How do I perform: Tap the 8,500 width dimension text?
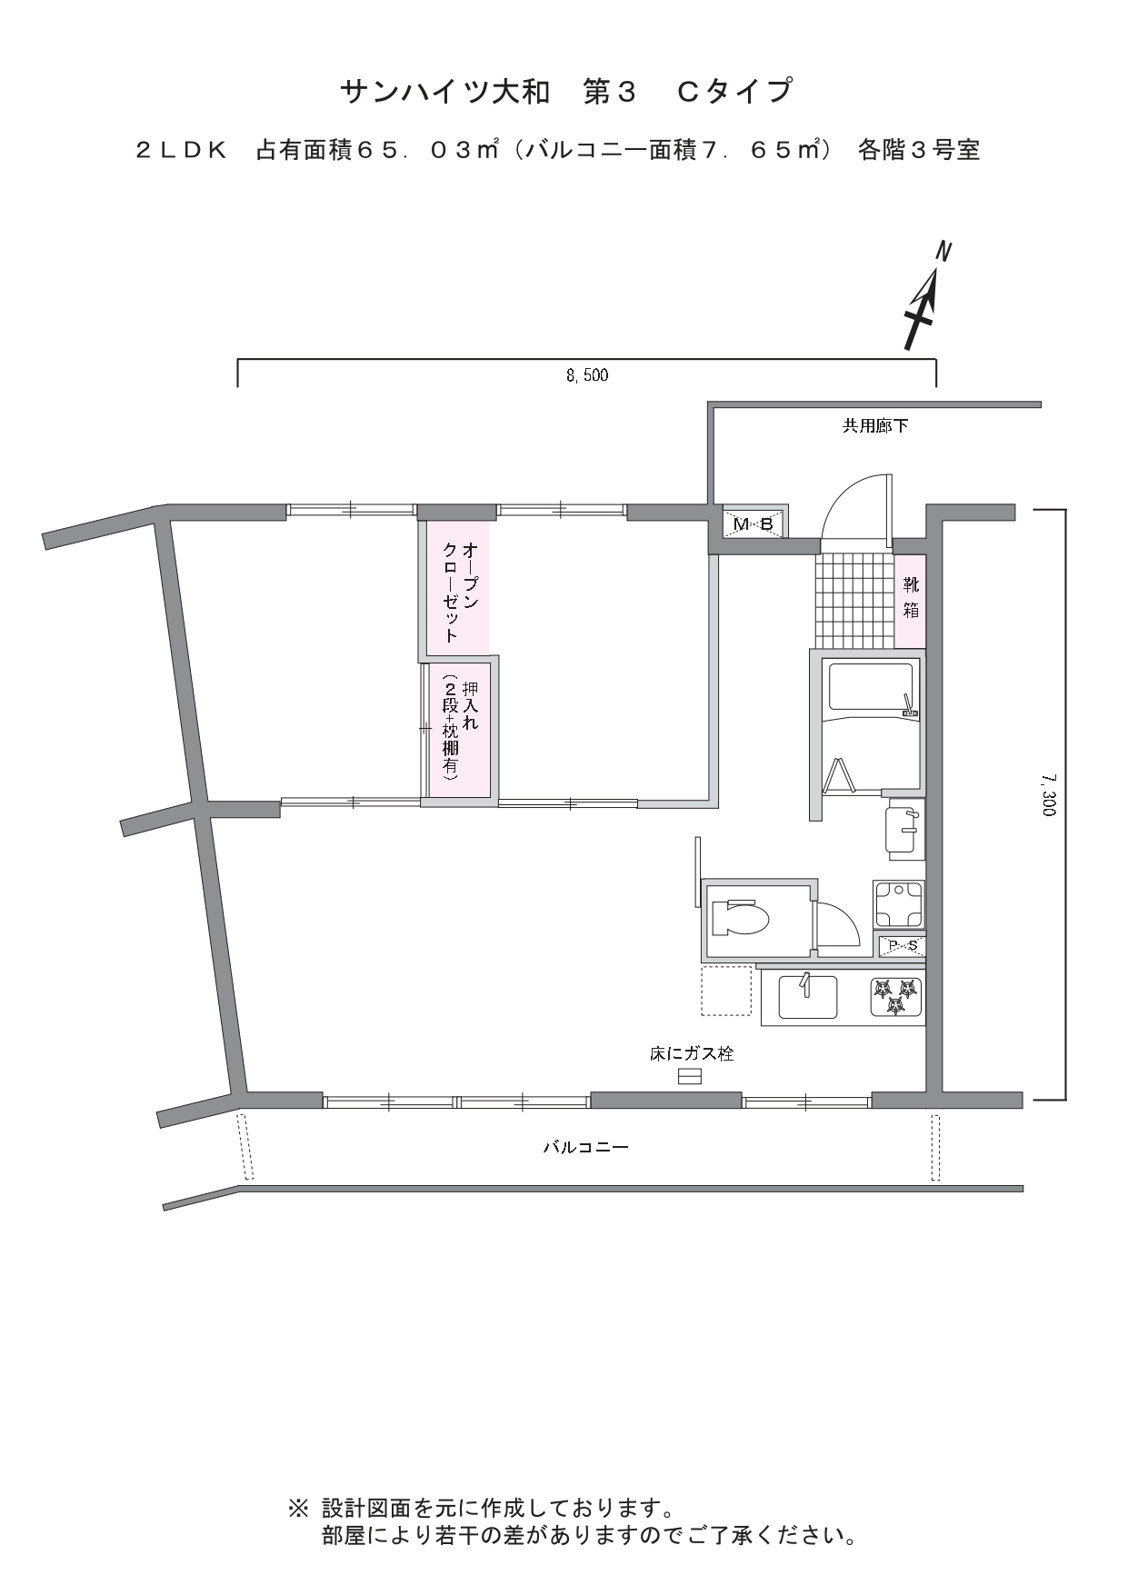click(587, 374)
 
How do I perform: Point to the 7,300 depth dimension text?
click(1049, 794)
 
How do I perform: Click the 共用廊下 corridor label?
click(874, 425)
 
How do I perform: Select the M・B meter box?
click(754, 523)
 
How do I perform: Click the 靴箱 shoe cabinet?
click(910, 600)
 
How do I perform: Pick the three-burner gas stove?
click(896, 997)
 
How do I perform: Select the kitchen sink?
click(809, 997)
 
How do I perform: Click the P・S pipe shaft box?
click(899, 946)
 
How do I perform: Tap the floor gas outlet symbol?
click(690, 1077)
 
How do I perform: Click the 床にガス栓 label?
click(692, 1054)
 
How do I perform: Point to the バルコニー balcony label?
click(586, 1147)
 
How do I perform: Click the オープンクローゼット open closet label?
click(460, 593)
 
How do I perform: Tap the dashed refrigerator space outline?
click(726, 990)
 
